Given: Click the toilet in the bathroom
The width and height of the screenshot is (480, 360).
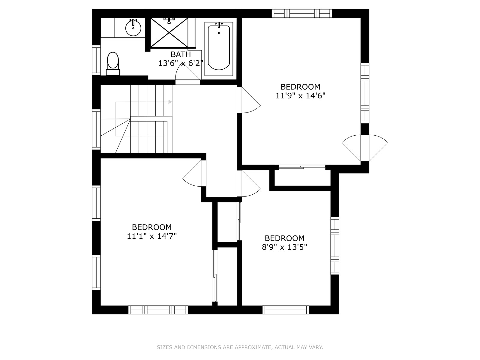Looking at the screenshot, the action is pos(113,64).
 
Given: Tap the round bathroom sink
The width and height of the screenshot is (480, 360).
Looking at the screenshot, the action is pos(133,28).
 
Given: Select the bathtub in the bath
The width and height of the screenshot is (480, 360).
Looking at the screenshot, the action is pos(219,49).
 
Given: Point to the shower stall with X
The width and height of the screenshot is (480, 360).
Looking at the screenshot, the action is pos(169,33).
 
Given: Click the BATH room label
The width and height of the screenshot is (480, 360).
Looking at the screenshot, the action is pos(181,54).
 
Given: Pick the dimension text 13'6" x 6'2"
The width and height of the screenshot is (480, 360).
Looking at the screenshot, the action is pos(181,63).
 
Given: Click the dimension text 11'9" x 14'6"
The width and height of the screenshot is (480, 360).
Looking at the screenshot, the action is pos(300,96).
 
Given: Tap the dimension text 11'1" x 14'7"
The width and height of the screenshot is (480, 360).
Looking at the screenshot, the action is pos(152,236).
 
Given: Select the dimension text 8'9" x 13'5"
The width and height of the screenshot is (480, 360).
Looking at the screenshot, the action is pos(284,247).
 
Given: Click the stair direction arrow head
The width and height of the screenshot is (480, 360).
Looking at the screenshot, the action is pos(170,102).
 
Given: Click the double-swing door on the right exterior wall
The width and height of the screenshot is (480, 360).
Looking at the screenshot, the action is pos(365,148).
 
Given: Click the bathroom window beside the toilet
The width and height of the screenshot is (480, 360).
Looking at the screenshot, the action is pos(96,60).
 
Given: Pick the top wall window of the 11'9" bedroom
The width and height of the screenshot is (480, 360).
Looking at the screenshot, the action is pos(302,13).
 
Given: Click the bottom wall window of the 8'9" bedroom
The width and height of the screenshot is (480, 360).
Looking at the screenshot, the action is pos(286,310).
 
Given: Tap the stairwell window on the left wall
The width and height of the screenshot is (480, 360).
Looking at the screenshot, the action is pos(96,129).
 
